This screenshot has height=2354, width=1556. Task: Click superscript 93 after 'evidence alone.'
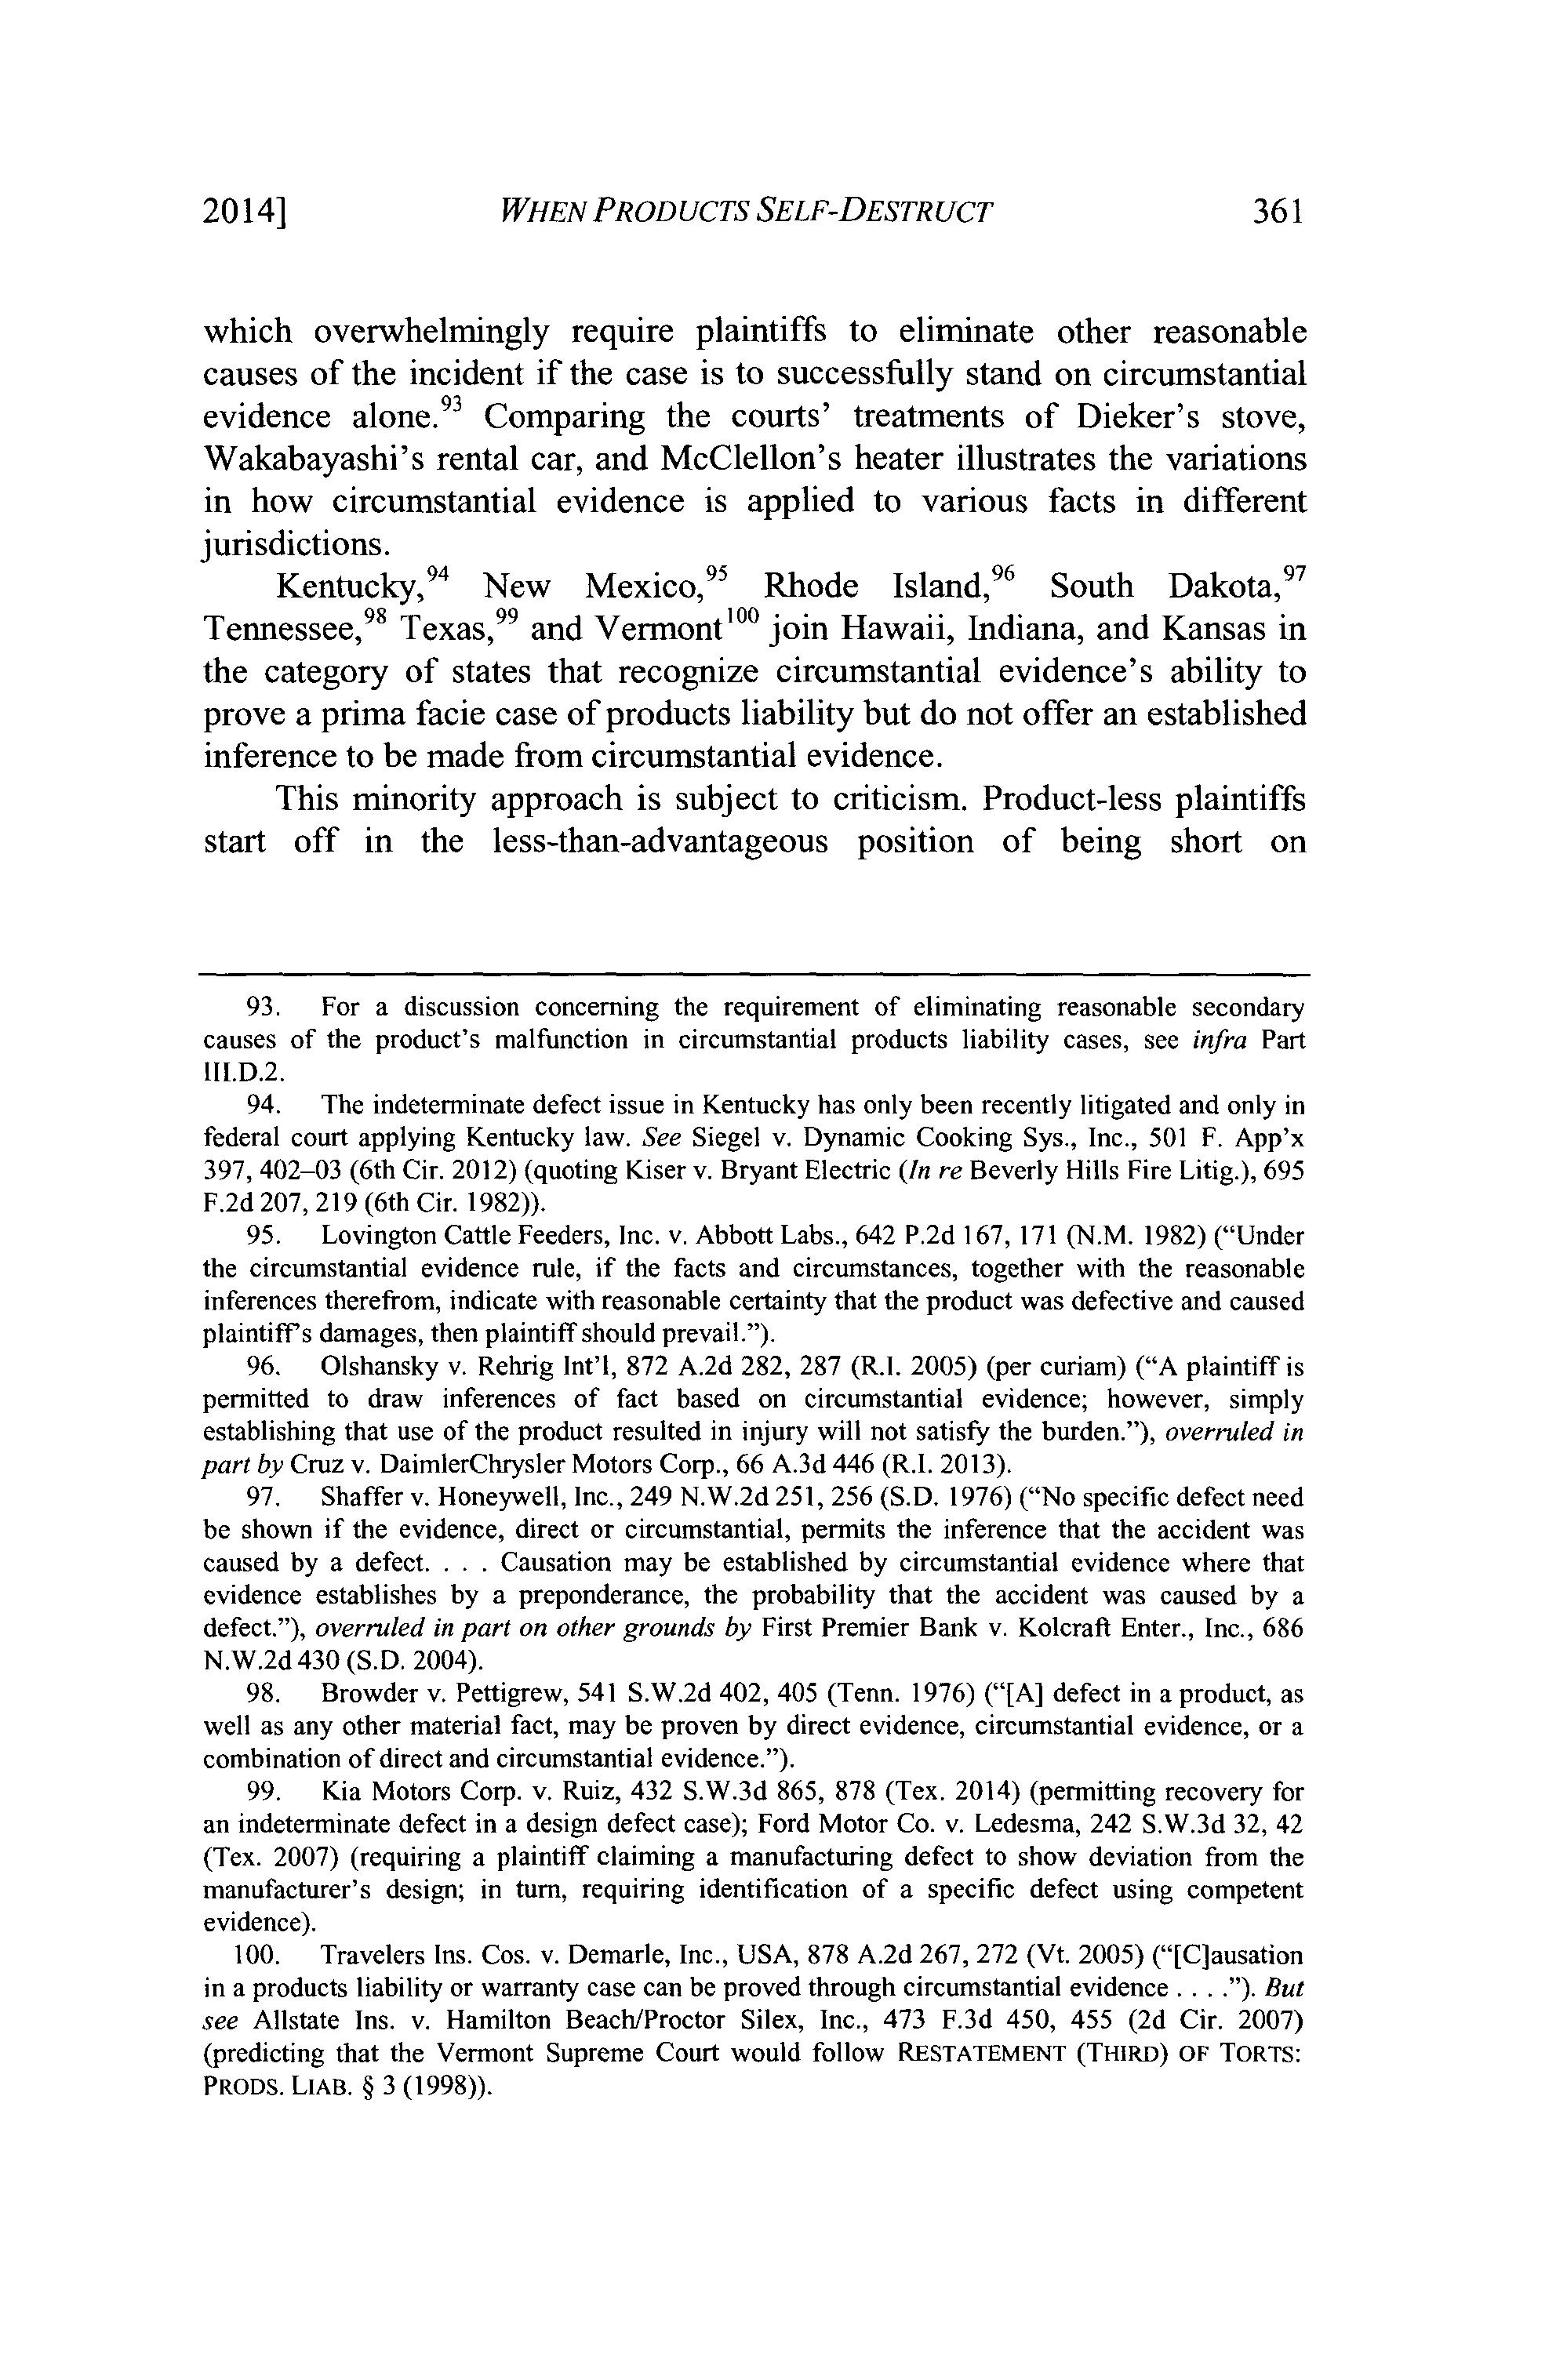point(461,403)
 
